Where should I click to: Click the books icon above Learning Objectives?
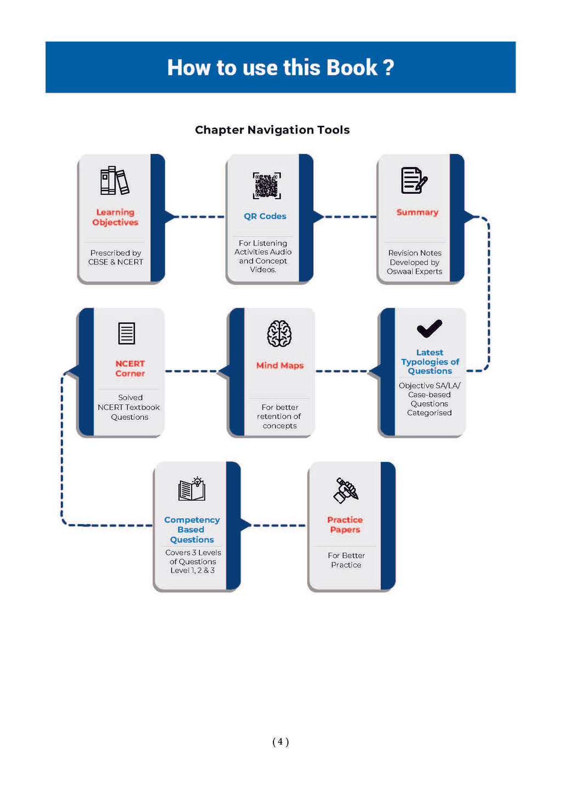pos(115,181)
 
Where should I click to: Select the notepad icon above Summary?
pos(414,181)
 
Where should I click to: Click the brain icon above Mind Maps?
pos(279,334)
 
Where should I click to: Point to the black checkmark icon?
pos(430,328)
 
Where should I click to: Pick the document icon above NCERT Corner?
pos(127,333)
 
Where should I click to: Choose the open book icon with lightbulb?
pos(192,489)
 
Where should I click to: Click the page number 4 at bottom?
pos(280,742)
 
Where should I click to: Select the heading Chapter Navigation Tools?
pos(272,130)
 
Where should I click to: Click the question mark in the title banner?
pos(388,68)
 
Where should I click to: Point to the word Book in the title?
pos(352,68)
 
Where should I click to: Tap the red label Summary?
pos(417,212)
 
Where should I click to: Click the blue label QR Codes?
pos(265,216)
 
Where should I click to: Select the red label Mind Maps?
pos(280,366)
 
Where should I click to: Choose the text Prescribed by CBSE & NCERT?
pos(116,257)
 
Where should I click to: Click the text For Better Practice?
pos(346,560)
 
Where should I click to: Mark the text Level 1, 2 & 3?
pos(192,570)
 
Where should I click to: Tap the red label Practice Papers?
pos(345,525)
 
